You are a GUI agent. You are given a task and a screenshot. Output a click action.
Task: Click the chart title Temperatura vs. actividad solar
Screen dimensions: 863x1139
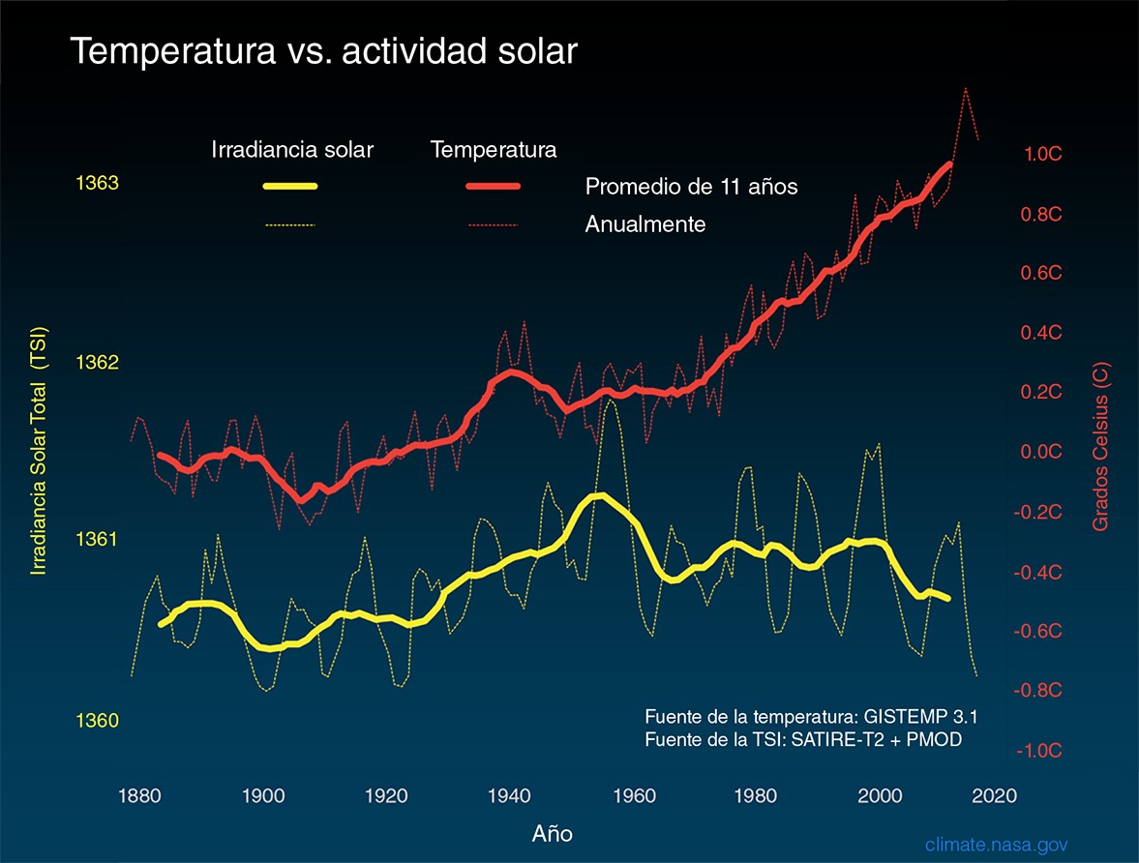[x=323, y=52]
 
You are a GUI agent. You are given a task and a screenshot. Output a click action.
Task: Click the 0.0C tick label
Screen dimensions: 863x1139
[x=1042, y=453]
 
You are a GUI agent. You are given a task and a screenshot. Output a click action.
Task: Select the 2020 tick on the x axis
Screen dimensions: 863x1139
[x=995, y=796]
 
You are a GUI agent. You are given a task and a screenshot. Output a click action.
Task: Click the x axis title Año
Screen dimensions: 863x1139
[x=553, y=832]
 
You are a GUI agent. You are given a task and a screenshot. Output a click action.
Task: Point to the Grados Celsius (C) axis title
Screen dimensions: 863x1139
[x=1102, y=447]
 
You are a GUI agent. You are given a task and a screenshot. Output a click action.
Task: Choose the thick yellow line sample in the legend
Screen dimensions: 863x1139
[x=291, y=186]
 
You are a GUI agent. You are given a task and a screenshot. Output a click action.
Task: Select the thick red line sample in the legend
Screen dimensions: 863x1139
[x=494, y=186]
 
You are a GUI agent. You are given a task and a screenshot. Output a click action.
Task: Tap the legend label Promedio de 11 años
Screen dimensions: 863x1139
[x=691, y=187]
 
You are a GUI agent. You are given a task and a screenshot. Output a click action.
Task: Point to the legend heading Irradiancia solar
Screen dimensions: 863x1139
[x=292, y=150]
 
